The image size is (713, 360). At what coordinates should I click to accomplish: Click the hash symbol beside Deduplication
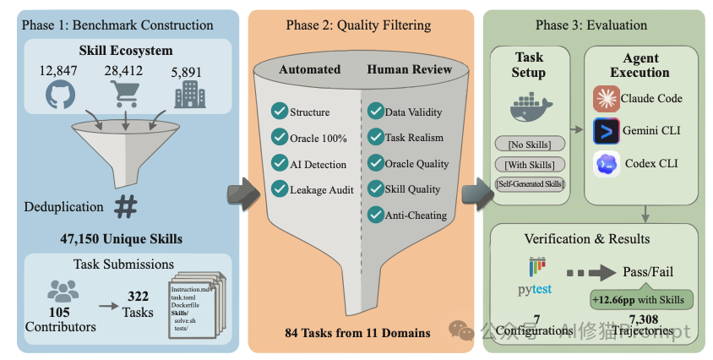(x=127, y=205)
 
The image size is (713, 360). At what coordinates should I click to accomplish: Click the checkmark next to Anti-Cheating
(x=374, y=215)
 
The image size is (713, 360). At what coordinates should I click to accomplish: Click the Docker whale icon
(x=530, y=110)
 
